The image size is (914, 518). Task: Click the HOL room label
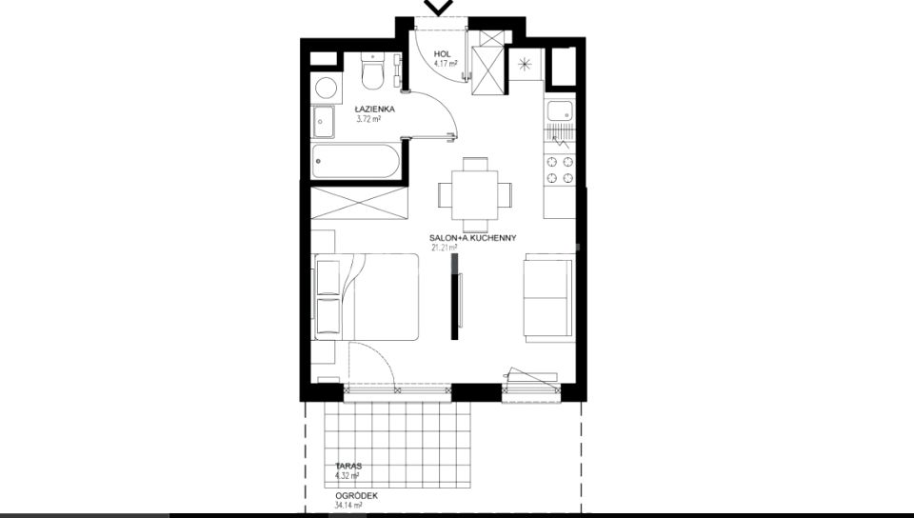pyautogui.click(x=443, y=54)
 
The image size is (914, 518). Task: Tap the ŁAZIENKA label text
pyautogui.click(x=375, y=109)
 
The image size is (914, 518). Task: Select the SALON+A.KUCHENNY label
pyautogui.click(x=473, y=238)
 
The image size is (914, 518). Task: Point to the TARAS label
pyautogui.click(x=348, y=467)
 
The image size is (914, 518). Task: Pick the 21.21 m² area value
pyautogui.click(x=444, y=247)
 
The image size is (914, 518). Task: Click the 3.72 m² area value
pyautogui.click(x=368, y=119)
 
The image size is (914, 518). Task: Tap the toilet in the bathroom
pyautogui.click(x=372, y=71)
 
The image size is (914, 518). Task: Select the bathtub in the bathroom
pyautogui.click(x=355, y=162)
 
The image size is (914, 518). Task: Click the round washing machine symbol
pyautogui.click(x=326, y=89)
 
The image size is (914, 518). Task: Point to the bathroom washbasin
pyautogui.click(x=323, y=122)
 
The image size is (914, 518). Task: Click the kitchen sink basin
pyautogui.click(x=561, y=111)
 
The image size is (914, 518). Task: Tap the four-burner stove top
pyautogui.click(x=560, y=169)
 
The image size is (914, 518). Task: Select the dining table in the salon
pyautogui.click(x=476, y=194)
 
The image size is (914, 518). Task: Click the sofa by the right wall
pyautogui.click(x=548, y=298)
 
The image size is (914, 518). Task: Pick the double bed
pyautogui.click(x=366, y=296)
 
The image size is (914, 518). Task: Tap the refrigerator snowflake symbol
pyautogui.click(x=526, y=64)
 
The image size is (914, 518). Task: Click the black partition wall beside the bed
pyautogui.click(x=455, y=297)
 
